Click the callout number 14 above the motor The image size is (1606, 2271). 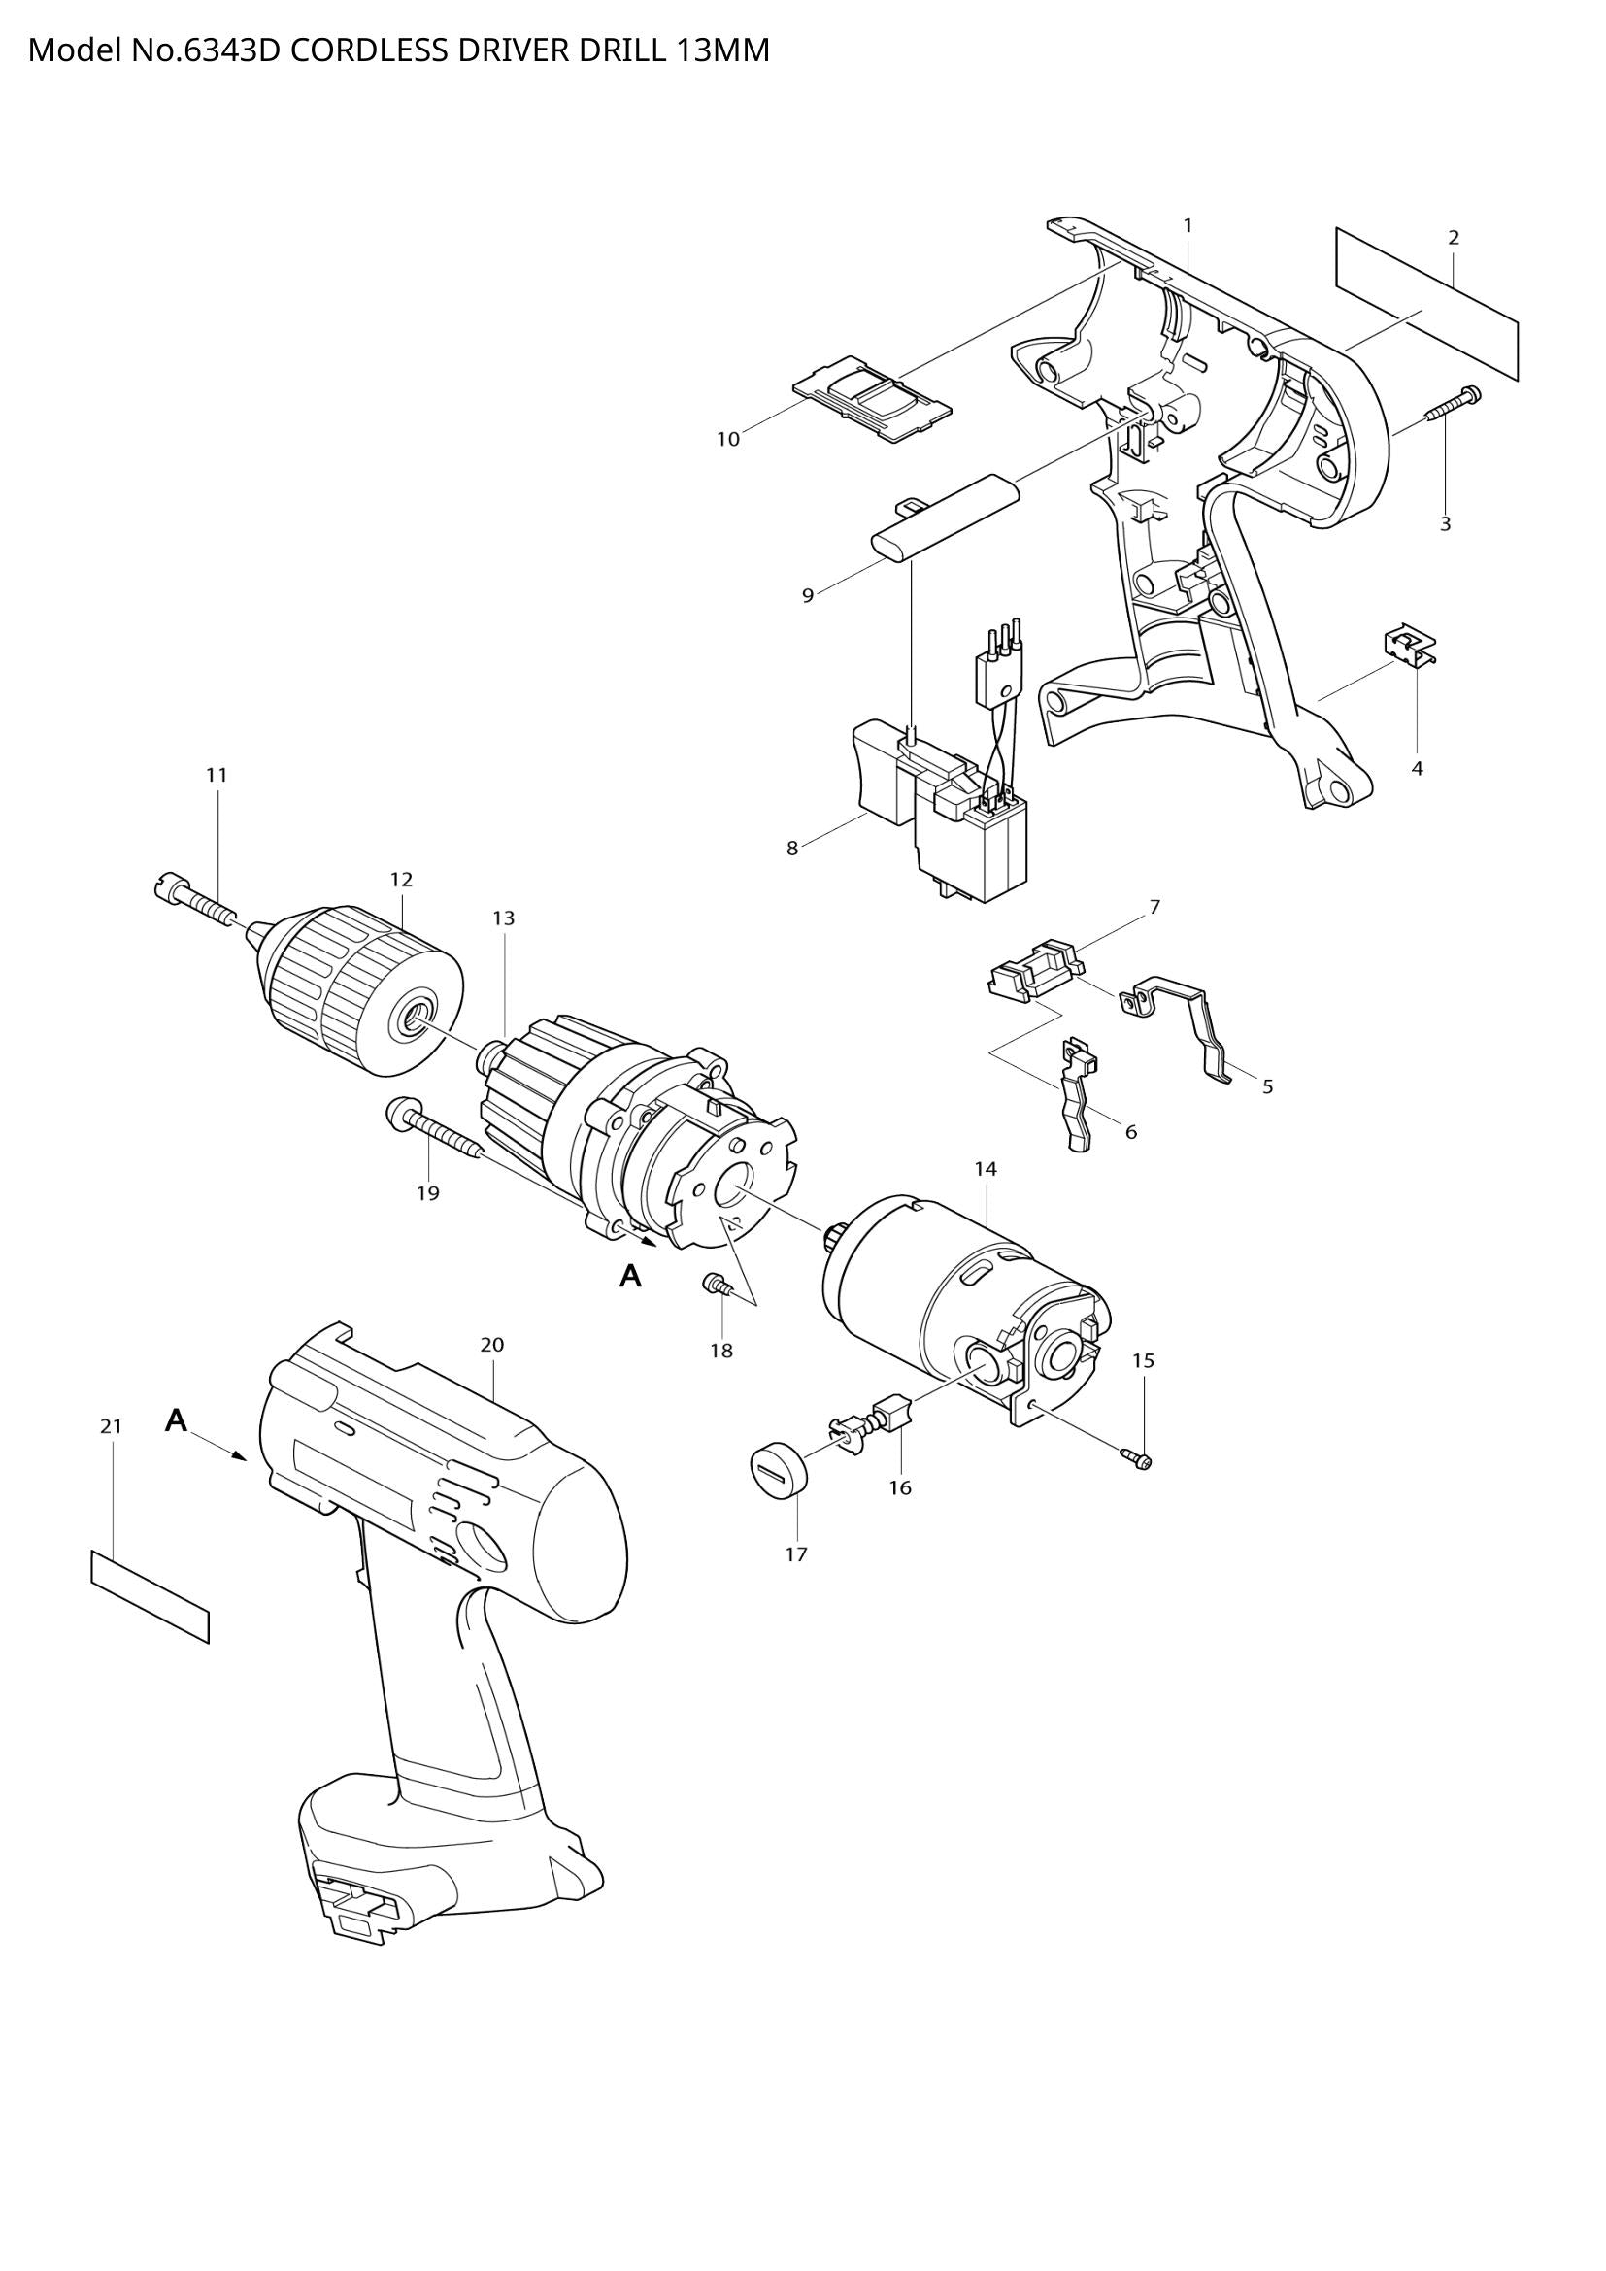[985, 1168]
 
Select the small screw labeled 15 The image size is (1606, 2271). [1137, 1458]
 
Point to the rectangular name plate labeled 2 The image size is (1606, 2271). [1427, 304]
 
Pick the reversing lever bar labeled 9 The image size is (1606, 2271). [944, 518]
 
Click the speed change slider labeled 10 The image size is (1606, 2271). [873, 397]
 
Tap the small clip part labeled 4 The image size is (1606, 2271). [1409, 647]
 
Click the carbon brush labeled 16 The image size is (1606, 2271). [892, 1411]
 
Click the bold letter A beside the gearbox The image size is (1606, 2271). [630, 1277]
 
